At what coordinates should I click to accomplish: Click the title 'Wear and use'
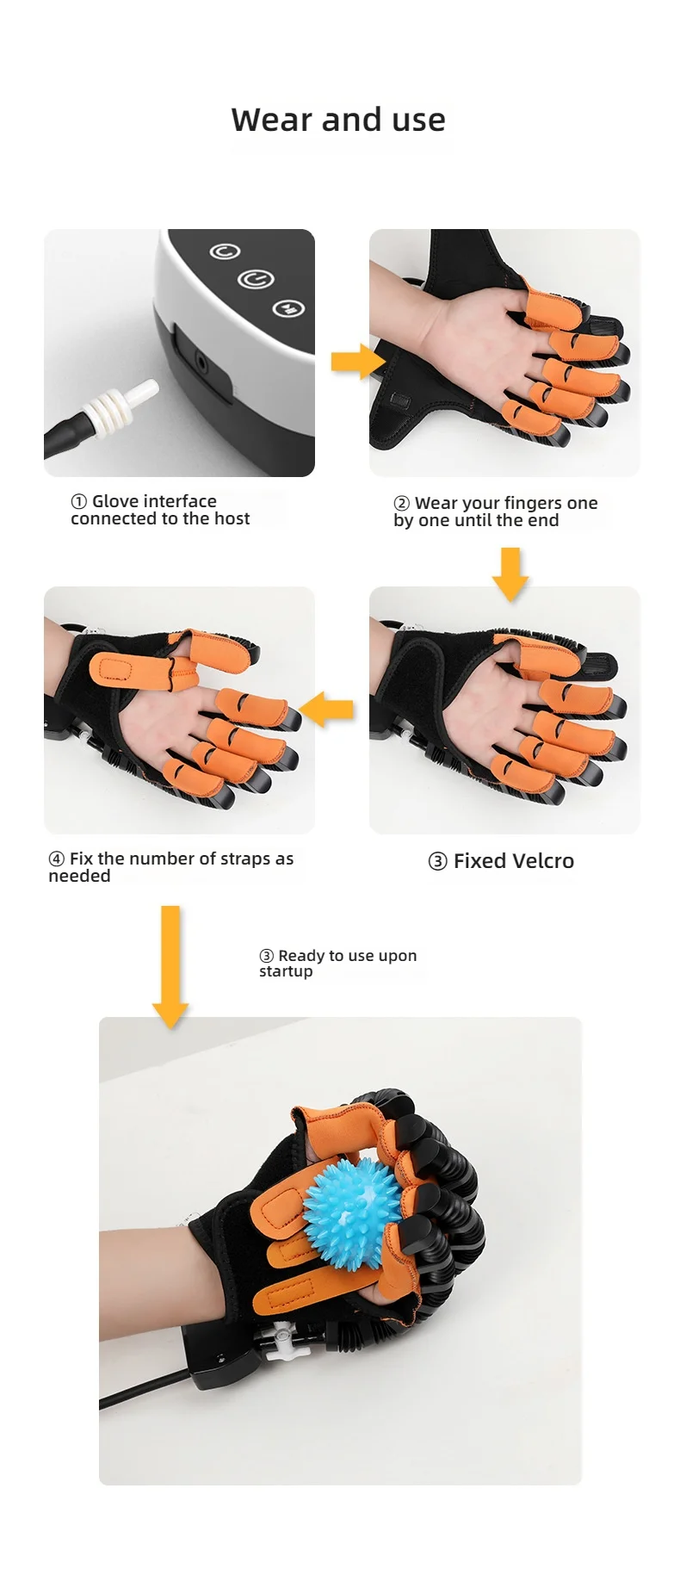[x=338, y=120]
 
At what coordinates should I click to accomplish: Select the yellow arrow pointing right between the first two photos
[x=356, y=361]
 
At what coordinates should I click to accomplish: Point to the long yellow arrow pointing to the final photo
[x=170, y=964]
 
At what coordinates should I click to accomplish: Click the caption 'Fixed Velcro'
[x=513, y=861]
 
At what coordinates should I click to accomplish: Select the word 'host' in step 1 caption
[x=232, y=519]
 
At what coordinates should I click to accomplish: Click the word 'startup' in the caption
[x=286, y=972]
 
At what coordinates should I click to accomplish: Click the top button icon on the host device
[x=226, y=251]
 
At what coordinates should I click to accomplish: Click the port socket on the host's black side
[x=202, y=363]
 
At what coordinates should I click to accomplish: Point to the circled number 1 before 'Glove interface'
[x=79, y=502]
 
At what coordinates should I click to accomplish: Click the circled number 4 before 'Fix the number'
[x=57, y=859]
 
